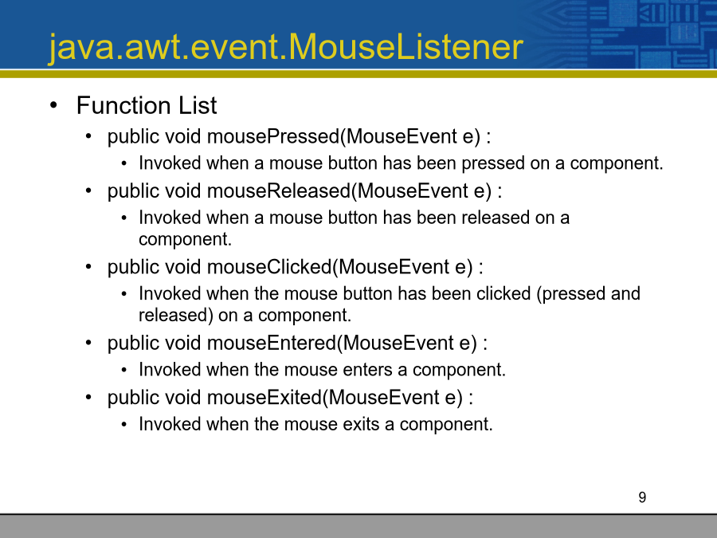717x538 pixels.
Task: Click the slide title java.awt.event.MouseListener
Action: pyautogui.click(x=286, y=48)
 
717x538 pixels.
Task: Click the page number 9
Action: pyautogui.click(x=642, y=497)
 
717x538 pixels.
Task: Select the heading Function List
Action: pyautogui.click(x=147, y=106)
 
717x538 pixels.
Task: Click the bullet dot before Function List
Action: pyautogui.click(x=54, y=105)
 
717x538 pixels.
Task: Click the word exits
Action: pyautogui.click(x=361, y=424)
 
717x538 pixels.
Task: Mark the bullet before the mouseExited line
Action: pyautogui.click(x=88, y=397)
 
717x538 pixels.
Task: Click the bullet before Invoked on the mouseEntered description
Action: pyautogui.click(x=124, y=370)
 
